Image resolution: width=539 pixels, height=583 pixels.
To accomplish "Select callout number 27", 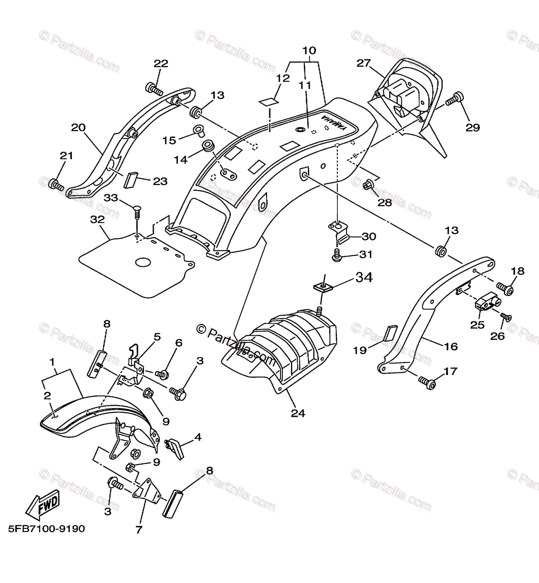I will pos(363,63).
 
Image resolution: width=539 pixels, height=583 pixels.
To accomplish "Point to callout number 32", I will pos(98,220).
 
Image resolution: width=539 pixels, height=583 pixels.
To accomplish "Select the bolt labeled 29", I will pos(452,100).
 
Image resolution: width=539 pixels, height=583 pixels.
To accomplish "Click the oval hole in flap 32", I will pos(144,262).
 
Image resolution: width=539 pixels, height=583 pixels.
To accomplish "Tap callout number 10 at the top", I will pos(309,51).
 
